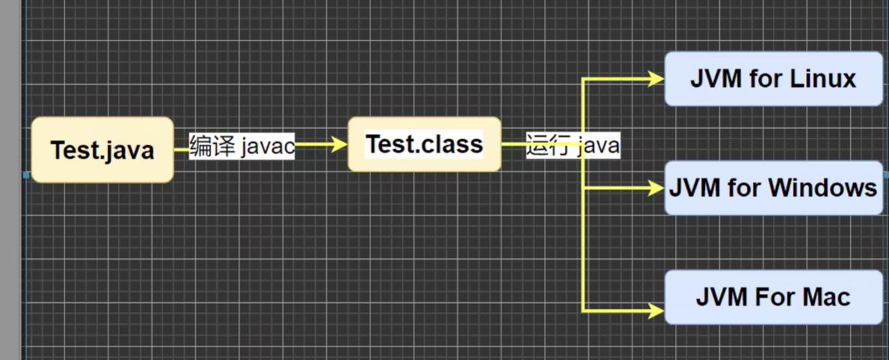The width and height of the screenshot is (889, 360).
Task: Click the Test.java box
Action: (103, 150)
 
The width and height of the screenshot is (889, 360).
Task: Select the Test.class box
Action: (424, 144)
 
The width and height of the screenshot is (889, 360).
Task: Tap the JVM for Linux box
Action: (773, 79)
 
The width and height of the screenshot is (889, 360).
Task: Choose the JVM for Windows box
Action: (773, 187)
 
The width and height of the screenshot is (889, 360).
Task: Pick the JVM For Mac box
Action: (773, 297)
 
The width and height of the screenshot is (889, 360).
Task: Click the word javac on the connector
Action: (267, 146)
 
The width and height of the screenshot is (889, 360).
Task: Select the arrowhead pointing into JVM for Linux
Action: (657, 78)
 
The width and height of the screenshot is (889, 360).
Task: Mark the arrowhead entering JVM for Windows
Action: (657, 188)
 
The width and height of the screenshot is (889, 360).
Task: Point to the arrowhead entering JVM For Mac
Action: (657, 309)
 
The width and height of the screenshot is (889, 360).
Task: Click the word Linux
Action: (823, 79)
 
